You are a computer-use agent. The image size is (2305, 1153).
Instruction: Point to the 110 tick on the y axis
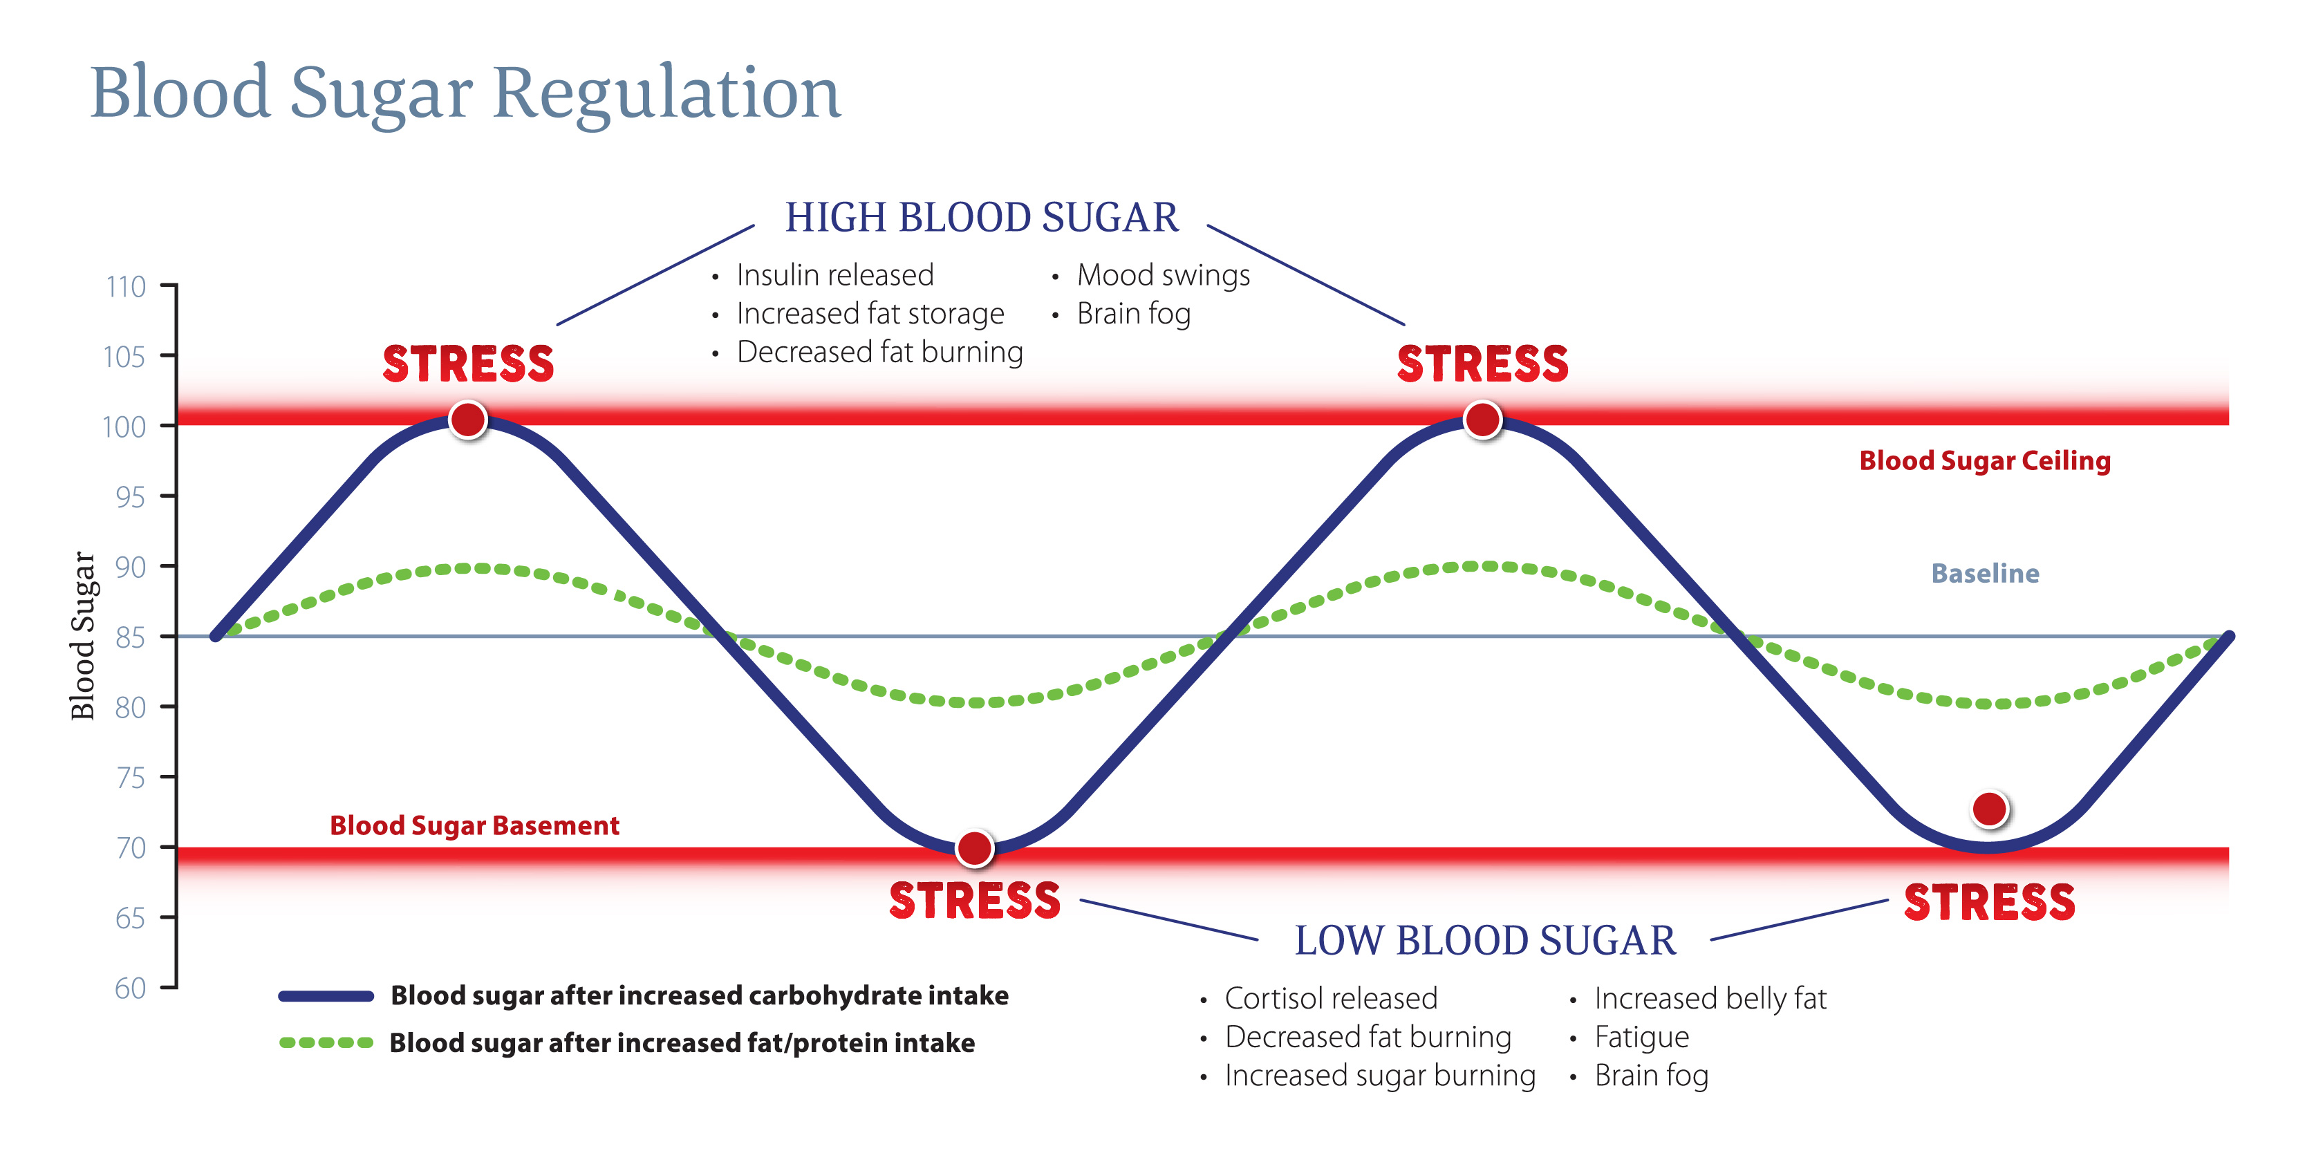point(126,287)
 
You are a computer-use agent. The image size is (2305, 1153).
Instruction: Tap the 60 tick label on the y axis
point(131,988)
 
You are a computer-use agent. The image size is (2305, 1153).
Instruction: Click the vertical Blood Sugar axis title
point(82,635)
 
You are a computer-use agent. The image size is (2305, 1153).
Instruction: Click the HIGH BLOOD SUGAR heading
point(982,217)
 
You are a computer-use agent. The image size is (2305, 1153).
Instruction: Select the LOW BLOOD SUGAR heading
point(1484,941)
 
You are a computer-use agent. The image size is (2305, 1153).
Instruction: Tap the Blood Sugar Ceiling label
point(1985,460)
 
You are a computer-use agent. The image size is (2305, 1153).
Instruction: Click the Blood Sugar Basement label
point(474,825)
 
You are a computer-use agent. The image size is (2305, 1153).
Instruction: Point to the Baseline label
point(1985,573)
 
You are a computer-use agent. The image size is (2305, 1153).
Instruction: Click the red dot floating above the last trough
point(1989,809)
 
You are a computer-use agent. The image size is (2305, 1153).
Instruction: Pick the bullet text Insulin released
point(835,276)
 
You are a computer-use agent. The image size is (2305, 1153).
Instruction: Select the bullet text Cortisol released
point(1331,998)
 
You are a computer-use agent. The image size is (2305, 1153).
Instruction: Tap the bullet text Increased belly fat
point(1710,998)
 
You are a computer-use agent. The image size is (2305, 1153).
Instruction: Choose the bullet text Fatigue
point(1641,1038)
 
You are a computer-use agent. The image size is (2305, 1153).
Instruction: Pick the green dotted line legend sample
point(326,1043)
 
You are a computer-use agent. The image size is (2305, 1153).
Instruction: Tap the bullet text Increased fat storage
point(870,314)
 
